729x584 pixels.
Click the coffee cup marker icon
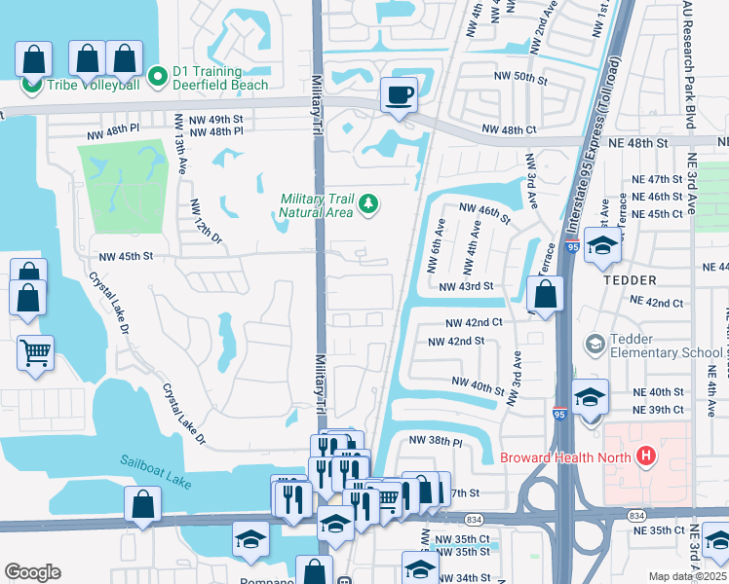(x=398, y=95)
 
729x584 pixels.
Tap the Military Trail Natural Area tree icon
(x=368, y=203)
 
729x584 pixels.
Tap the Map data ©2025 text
(x=688, y=576)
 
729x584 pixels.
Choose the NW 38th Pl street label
(x=435, y=440)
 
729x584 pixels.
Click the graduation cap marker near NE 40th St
(x=591, y=397)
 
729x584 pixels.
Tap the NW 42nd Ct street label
(x=474, y=322)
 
